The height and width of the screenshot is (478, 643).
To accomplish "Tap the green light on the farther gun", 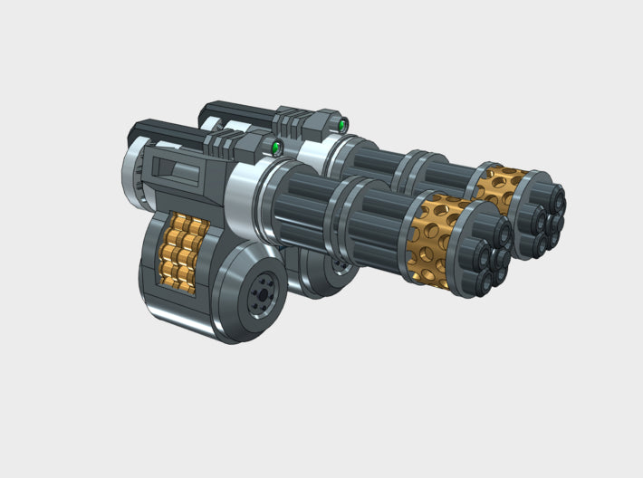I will [x=342, y=122].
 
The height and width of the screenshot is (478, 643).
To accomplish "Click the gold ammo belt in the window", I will [x=185, y=253].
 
